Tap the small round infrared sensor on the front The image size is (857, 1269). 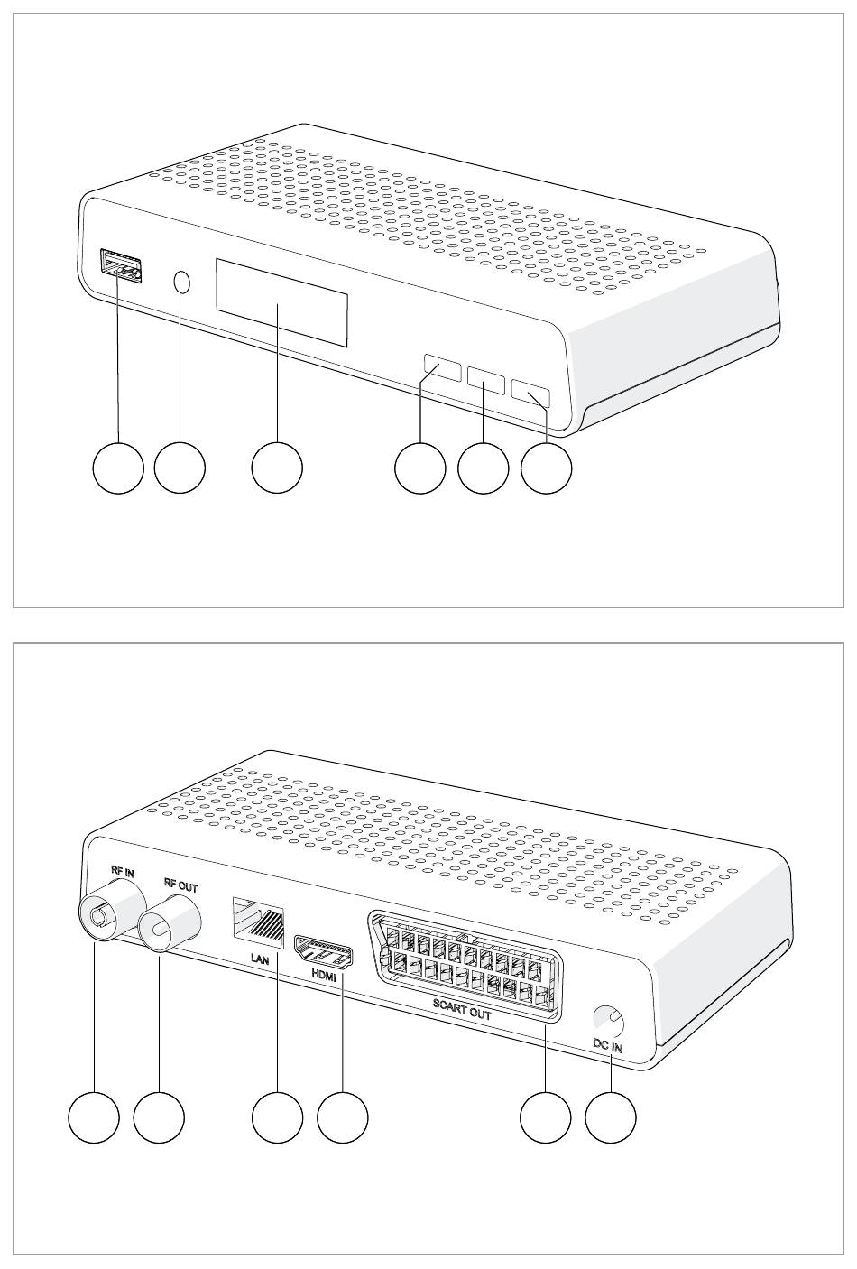coord(182,283)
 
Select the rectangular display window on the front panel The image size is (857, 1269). coord(281,301)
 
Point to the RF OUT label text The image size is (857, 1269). coord(180,886)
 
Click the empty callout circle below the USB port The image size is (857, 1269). coord(119,468)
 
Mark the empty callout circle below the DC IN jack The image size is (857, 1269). coord(610,1117)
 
